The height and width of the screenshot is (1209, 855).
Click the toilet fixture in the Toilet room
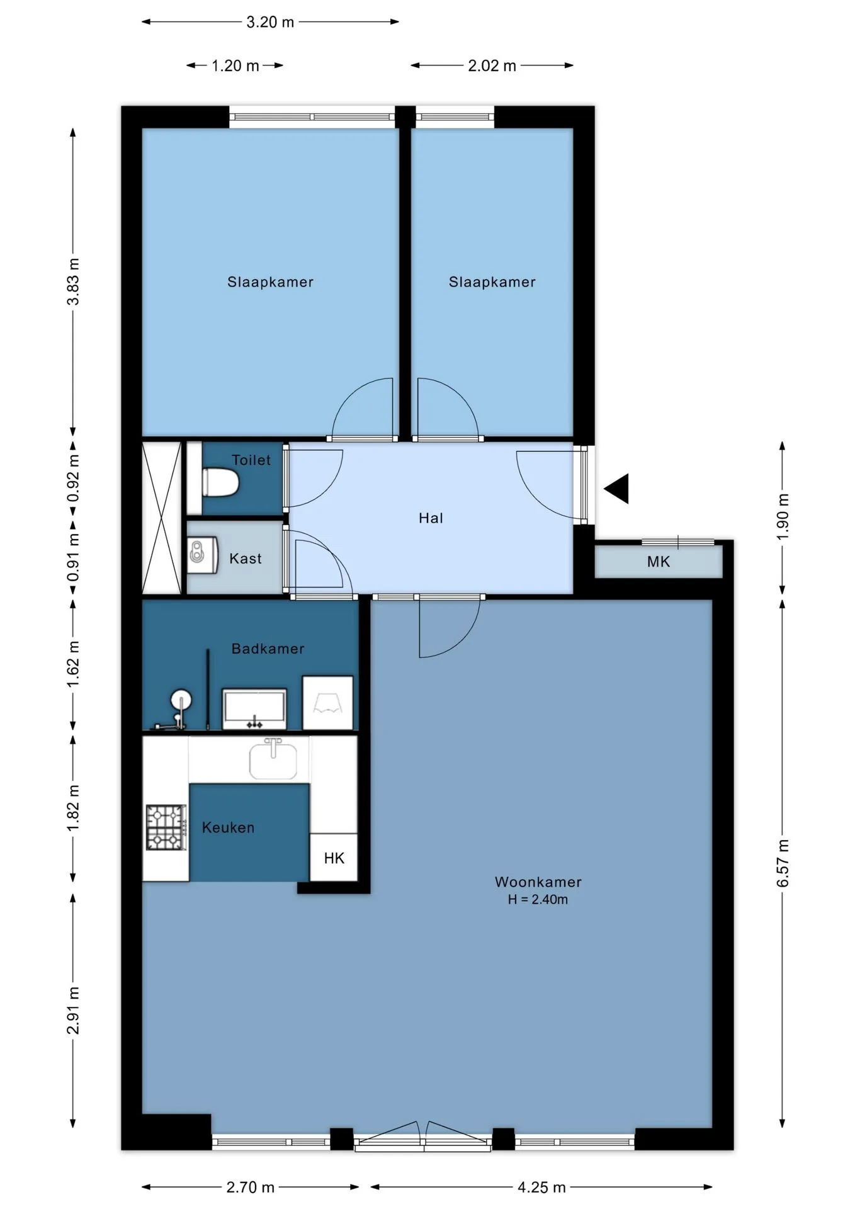click(x=220, y=482)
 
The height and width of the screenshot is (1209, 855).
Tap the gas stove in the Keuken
click(x=166, y=827)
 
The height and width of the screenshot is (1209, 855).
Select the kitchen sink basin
click(x=273, y=761)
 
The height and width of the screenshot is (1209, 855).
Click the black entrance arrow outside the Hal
click(x=616, y=489)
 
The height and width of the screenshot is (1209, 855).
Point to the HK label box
click(x=334, y=858)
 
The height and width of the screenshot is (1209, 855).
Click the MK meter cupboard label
click(x=659, y=562)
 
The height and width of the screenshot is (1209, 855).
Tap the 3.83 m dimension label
click(x=74, y=281)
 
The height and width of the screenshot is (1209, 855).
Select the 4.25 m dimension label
click(x=541, y=1187)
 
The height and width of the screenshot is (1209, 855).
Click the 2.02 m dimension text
click(x=492, y=65)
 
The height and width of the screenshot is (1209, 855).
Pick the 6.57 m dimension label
click(x=783, y=863)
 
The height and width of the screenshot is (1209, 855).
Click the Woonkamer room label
click(x=538, y=882)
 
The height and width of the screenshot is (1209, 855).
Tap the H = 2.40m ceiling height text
click(x=538, y=899)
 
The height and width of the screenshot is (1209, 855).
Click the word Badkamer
click(x=268, y=649)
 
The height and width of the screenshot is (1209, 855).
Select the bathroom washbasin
click(x=254, y=709)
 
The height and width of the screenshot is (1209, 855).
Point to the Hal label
click(x=431, y=518)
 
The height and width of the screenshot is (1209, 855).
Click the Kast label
click(x=246, y=559)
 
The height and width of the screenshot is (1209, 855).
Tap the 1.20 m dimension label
click(x=235, y=65)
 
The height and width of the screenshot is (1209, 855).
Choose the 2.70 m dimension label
click(x=251, y=1187)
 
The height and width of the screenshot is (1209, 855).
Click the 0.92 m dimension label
click(x=74, y=479)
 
